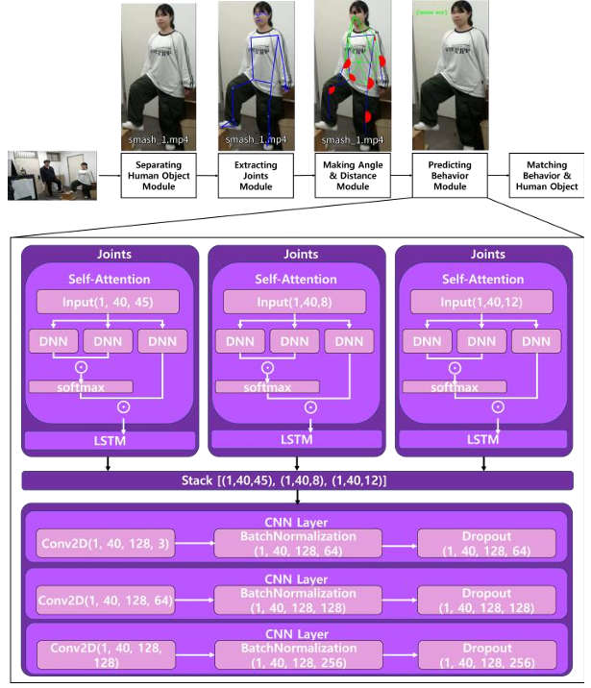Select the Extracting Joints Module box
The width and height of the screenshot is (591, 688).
coord(255,174)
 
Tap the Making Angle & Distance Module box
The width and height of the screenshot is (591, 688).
coord(352,174)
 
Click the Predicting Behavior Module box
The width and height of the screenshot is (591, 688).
coord(449,174)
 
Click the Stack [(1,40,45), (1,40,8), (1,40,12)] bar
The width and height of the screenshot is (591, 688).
coord(297,480)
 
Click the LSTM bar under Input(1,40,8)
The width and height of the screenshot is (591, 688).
coord(296,439)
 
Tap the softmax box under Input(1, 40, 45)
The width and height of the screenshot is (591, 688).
coord(81,386)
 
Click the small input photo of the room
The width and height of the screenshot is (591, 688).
coord(52,175)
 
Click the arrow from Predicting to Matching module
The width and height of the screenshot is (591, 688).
coord(497,175)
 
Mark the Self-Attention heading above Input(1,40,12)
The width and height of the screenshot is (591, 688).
coord(483,279)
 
